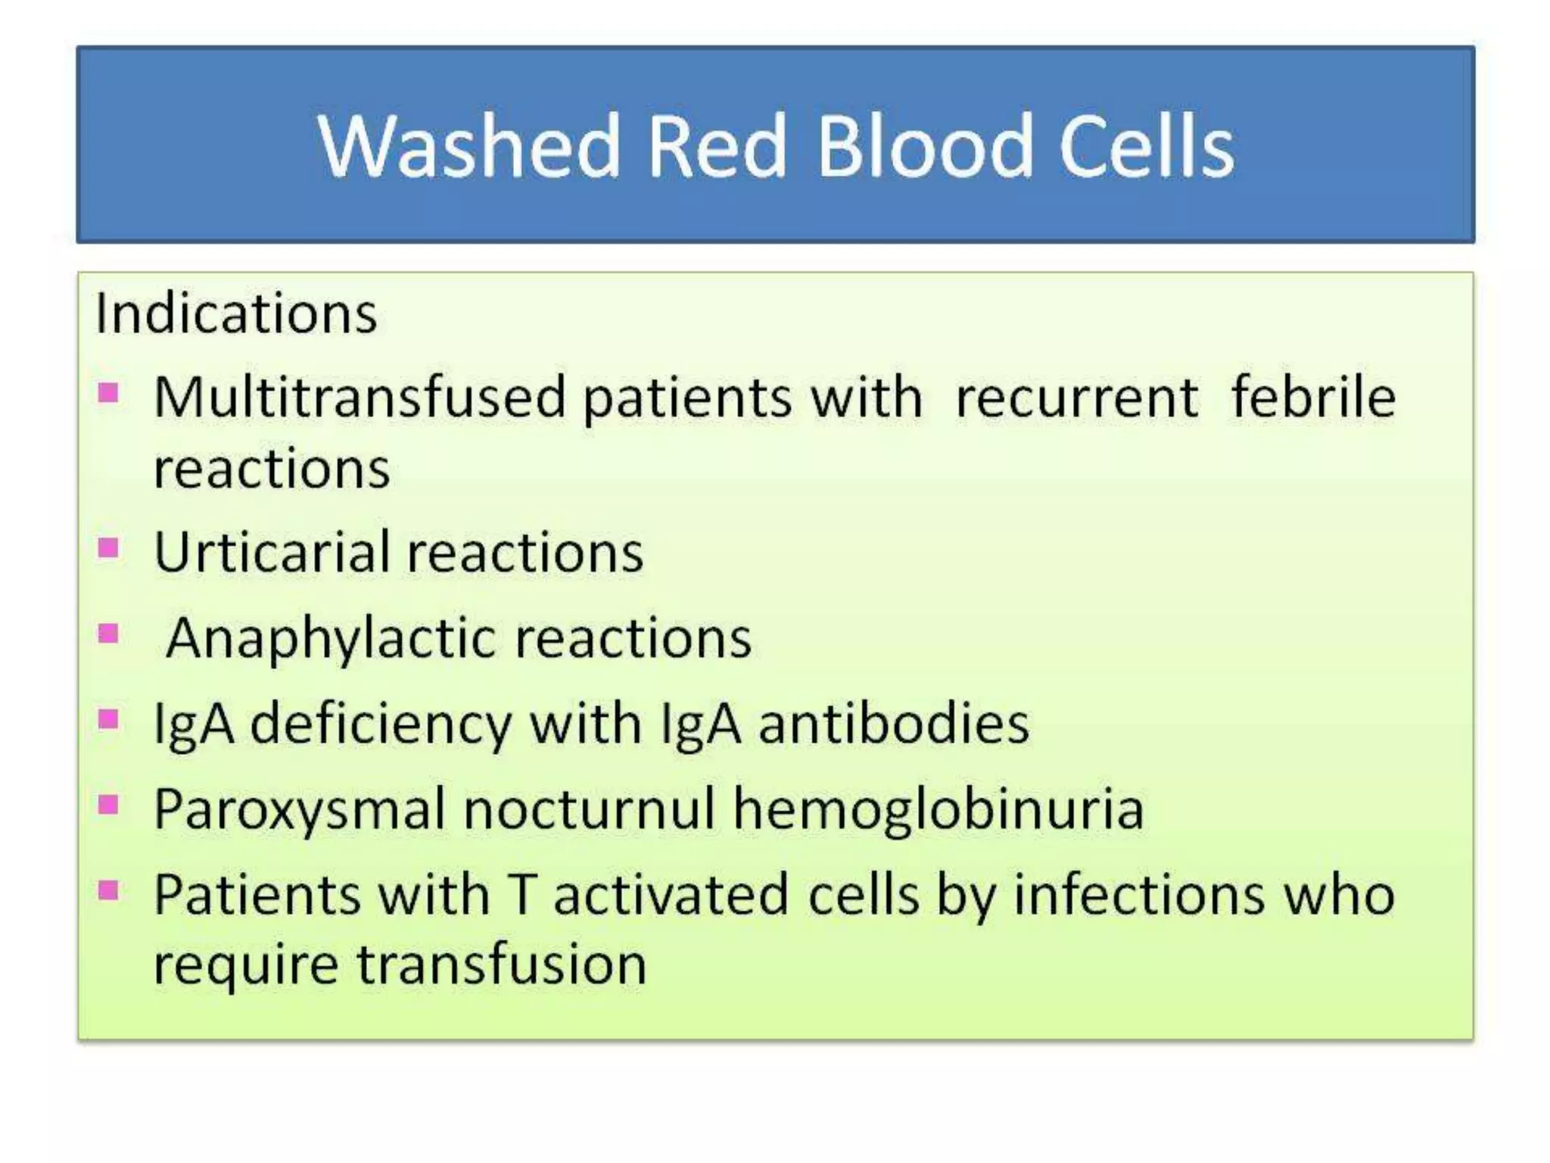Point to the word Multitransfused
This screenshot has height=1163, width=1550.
pyautogui.click(x=359, y=397)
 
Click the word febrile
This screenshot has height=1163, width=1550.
pyautogui.click(x=1313, y=397)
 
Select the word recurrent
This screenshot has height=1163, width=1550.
pyautogui.click(x=1076, y=398)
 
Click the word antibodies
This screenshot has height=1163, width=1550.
pyautogui.click(x=894, y=723)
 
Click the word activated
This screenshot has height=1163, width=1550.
pyautogui.click(x=671, y=894)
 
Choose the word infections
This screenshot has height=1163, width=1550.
pyautogui.click(x=1139, y=894)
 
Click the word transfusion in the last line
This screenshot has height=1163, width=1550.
pyautogui.click(x=502, y=965)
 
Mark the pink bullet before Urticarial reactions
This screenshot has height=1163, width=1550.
pyautogui.click(x=108, y=547)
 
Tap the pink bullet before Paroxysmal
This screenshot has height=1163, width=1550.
pyautogui.click(x=108, y=804)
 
